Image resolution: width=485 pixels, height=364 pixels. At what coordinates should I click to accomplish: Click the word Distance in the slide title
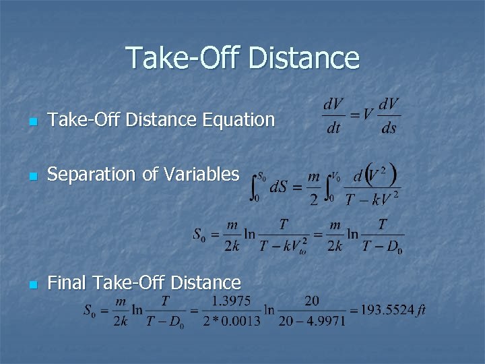[x=304, y=58]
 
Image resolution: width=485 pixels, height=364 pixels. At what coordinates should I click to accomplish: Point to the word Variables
[x=201, y=174]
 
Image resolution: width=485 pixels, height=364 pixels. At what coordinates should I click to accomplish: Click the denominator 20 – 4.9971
[x=311, y=321]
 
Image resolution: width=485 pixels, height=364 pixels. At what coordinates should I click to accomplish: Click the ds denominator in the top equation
[x=389, y=127]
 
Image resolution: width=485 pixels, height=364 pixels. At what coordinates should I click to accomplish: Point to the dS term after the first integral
[x=278, y=187]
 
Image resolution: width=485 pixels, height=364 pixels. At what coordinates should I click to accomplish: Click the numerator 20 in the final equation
[x=311, y=300]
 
